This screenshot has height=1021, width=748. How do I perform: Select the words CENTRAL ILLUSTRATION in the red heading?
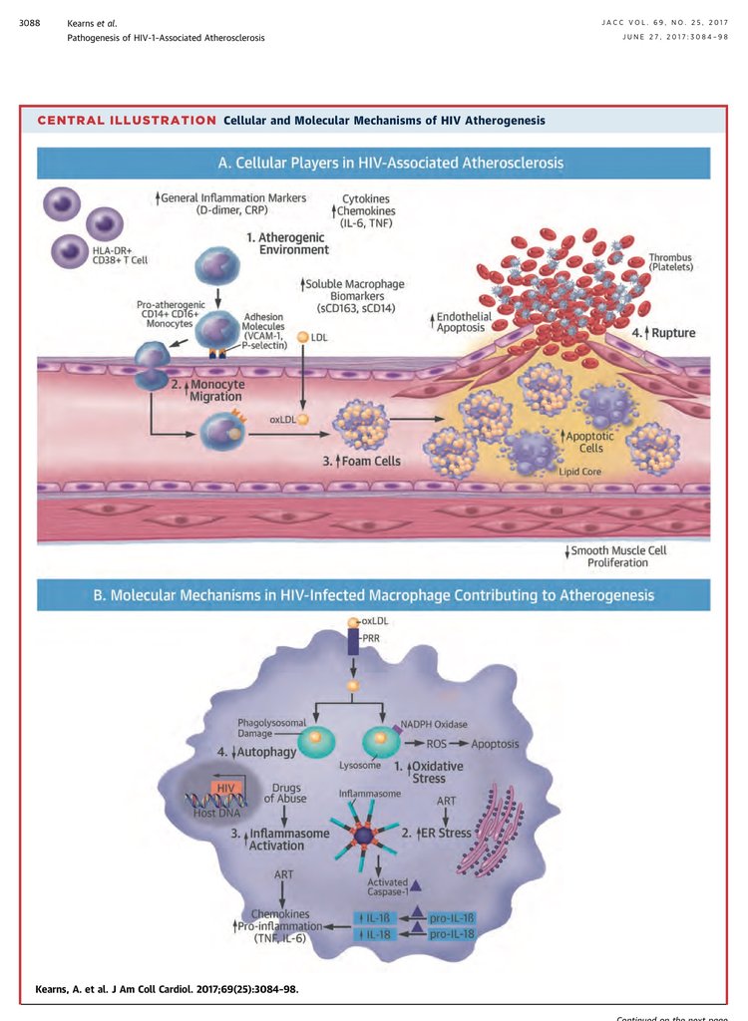127,121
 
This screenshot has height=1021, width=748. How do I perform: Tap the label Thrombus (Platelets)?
670,261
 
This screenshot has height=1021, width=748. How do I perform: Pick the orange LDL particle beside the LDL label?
303,338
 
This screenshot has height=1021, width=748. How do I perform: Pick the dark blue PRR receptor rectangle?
353,640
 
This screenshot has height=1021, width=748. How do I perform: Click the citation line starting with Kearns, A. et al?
166,989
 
